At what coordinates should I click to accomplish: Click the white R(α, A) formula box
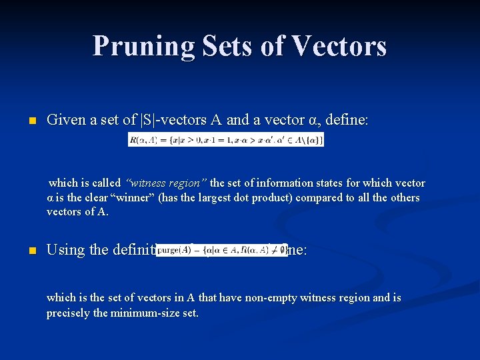(225, 139)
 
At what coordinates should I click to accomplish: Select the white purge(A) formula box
(221, 250)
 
